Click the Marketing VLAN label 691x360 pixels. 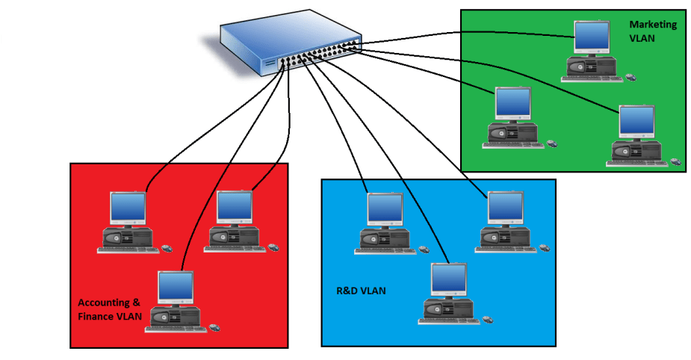tap(652, 31)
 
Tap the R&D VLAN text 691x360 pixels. tap(361, 291)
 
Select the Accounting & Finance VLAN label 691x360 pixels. tap(110, 309)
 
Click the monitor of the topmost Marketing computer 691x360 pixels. tap(592, 37)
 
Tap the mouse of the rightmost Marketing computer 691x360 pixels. tap(674, 160)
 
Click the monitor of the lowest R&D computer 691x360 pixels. tap(449, 281)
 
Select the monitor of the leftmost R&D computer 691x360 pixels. tap(385, 209)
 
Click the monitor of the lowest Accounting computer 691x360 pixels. tap(176, 288)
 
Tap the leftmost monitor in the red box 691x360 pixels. tap(128, 209)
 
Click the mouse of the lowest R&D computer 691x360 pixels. tap(487, 319)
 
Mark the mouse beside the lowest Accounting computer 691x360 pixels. tap(215, 326)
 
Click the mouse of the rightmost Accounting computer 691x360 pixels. tap(273, 246)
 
